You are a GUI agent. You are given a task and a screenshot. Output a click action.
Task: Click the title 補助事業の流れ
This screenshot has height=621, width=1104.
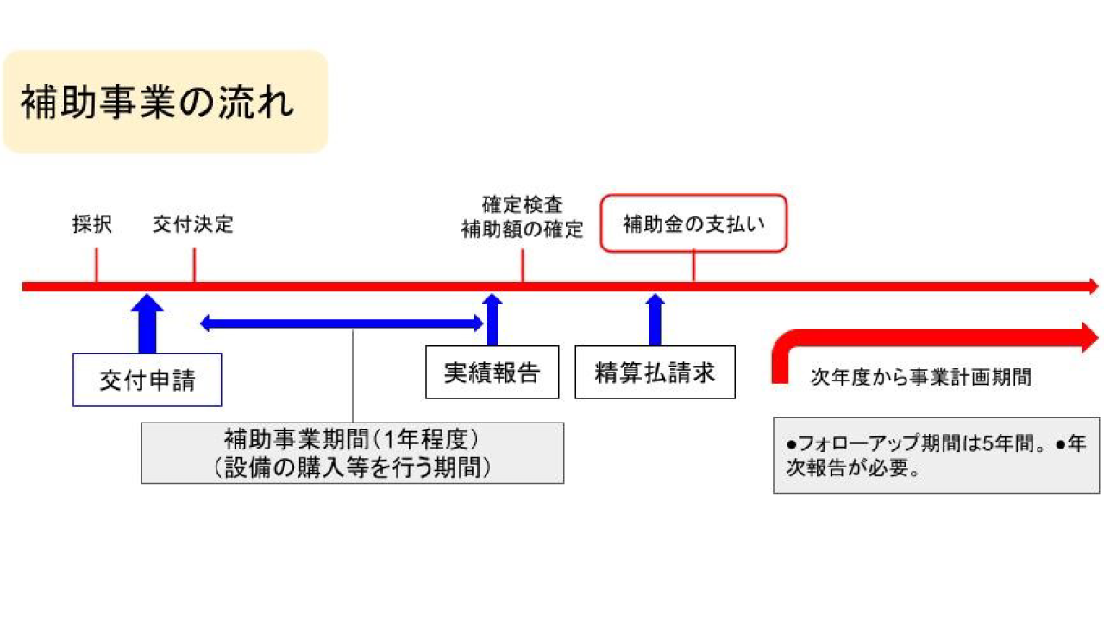pyautogui.click(x=158, y=102)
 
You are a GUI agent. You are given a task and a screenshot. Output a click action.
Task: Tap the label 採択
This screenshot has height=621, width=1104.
pyautogui.click(x=92, y=225)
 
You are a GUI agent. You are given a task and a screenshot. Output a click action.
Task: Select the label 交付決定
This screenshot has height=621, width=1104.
pyautogui.click(x=193, y=225)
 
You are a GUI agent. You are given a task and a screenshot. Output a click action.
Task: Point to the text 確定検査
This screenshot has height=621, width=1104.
pyautogui.click(x=523, y=205)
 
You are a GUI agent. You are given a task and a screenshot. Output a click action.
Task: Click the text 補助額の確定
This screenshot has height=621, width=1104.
pyautogui.click(x=523, y=230)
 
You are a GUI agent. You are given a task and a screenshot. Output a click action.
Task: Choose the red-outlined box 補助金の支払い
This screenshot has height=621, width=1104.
pyautogui.click(x=693, y=223)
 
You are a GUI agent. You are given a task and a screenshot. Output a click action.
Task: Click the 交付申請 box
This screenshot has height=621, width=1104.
pyautogui.click(x=147, y=379)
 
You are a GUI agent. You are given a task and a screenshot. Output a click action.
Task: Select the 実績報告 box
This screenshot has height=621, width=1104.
pyautogui.click(x=492, y=372)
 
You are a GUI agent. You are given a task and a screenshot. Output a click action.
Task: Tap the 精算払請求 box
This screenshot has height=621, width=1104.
pyautogui.click(x=655, y=372)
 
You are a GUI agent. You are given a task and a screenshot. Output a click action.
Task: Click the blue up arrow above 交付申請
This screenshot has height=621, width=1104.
pyautogui.click(x=147, y=323)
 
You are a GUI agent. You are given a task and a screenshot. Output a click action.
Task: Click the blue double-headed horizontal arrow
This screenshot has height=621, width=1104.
pyautogui.click(x=342, y=323)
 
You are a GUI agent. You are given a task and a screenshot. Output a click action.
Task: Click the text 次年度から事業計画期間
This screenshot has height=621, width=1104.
pyautogui.click(x=920, y=378)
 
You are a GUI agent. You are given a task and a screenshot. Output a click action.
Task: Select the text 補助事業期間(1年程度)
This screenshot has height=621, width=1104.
pyautogui.click(x=352, y=440)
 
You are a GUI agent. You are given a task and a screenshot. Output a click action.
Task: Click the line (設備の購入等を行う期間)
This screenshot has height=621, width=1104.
pyautogui.click(x=352, y=467)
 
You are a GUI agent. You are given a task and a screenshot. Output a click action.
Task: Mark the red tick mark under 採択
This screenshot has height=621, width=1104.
pyautogui.click(x=96, y=266)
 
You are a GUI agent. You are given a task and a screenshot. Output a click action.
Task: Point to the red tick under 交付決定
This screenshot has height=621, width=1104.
pyautogui.click(x=194, y=266)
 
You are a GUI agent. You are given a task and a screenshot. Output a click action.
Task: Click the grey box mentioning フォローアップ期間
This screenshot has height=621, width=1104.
pyautogui.click(x=936, y=456)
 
